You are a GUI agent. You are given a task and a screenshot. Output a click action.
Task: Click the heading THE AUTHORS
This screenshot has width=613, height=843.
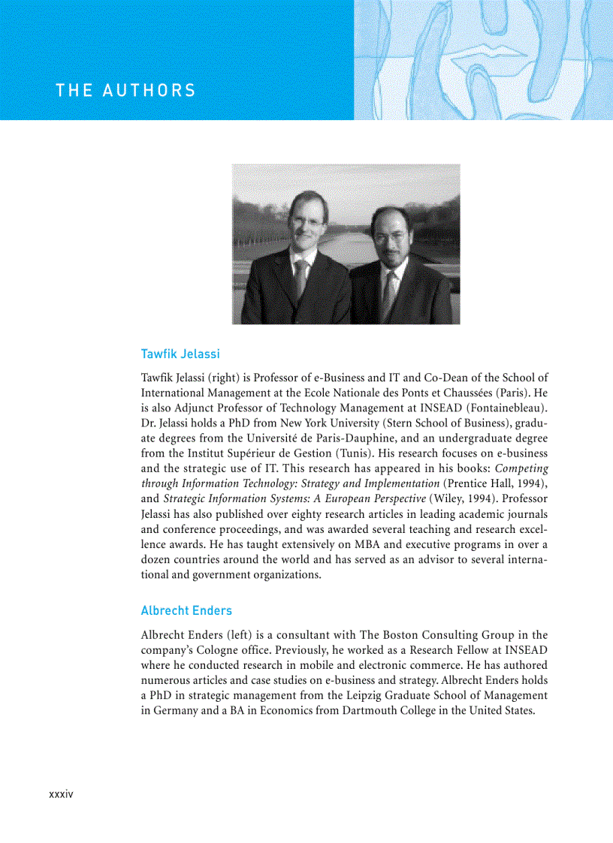point(125,91)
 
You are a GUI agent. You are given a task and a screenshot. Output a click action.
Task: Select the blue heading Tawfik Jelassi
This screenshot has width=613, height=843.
point(180,354)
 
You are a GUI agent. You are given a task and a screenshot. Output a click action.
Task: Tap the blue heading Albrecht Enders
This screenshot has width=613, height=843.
point(186,610)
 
